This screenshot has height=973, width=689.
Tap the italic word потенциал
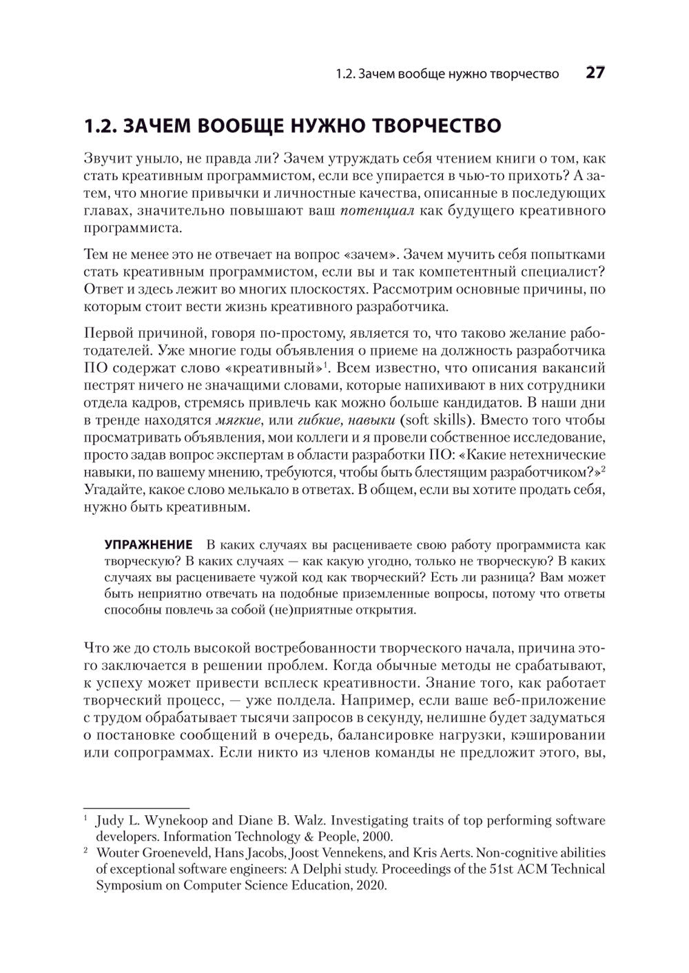tap(378, 210)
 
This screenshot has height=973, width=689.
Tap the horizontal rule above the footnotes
tap(136, 807)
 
